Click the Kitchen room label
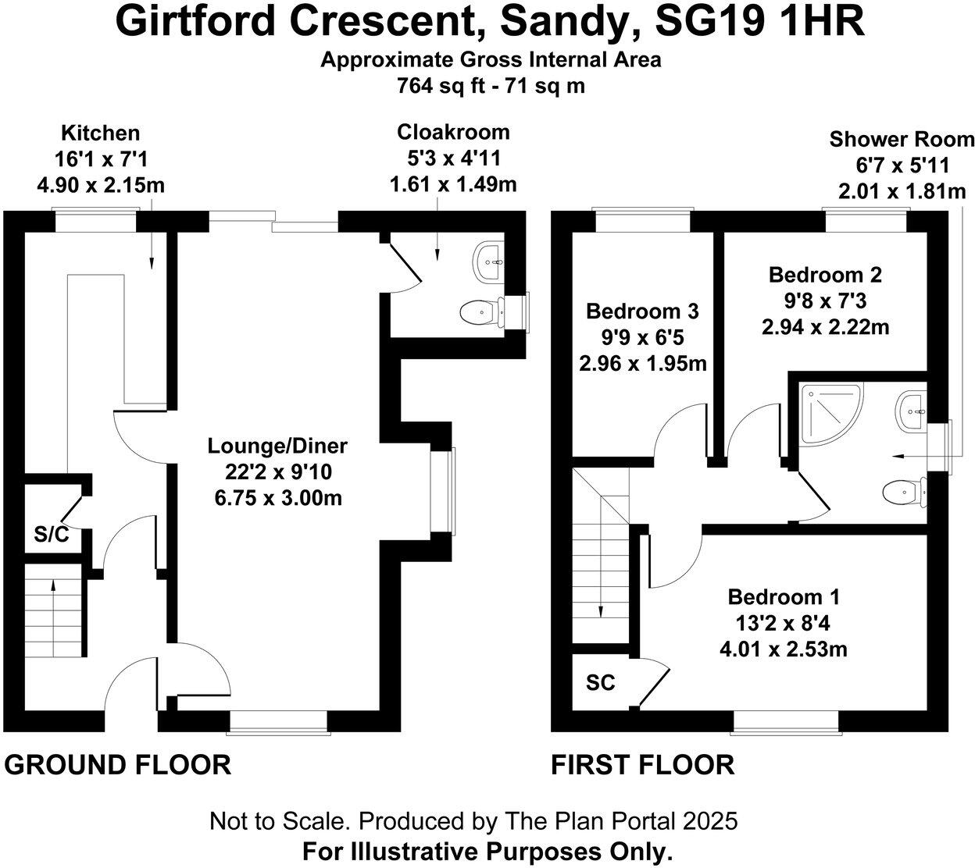[x=101, y=133]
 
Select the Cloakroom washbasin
[x=489, y=262]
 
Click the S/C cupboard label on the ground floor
[x=52, y=534]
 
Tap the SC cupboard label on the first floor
[x=601, y=682]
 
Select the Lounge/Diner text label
[x=277, y=446]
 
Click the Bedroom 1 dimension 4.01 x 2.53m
[x=784, y=650]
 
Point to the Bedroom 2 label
[x=825, y=275]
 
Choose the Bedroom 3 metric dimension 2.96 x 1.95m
[x=643, y=364]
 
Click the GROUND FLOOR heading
[x=118, y=765]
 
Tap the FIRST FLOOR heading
[x=643, y=765]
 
